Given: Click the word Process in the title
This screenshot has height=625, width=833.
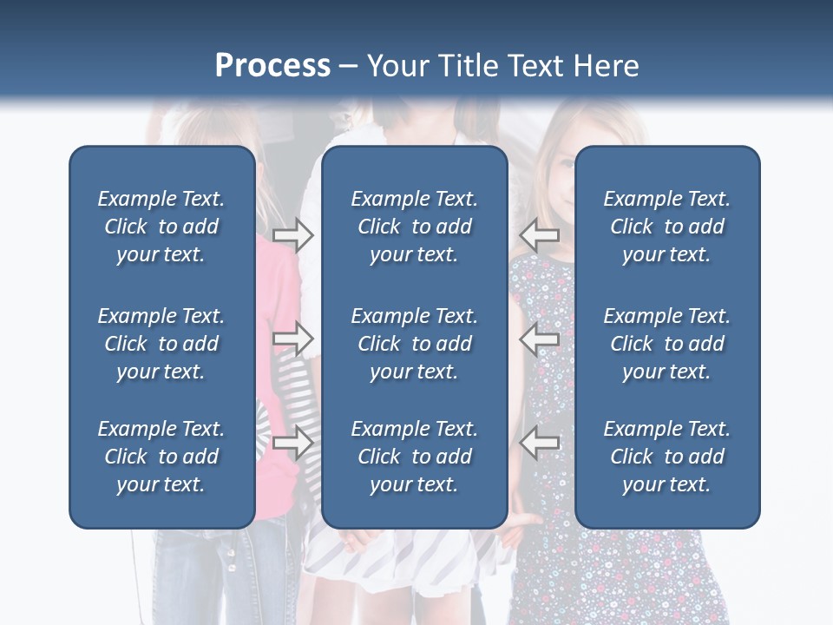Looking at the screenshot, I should point(272,66).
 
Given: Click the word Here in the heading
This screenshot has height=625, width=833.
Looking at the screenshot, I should point(606,66).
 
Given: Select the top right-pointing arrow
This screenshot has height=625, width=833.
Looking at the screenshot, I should point(293,235).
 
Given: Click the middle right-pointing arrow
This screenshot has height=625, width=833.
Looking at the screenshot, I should point(293,339).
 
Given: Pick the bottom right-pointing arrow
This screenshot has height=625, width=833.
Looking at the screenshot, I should point(293,443).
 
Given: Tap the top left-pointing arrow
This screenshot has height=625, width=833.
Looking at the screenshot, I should point(540,235).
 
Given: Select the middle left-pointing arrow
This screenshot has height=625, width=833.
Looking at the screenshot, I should point(540,339).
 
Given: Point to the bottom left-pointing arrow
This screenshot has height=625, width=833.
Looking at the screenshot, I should point(540,443).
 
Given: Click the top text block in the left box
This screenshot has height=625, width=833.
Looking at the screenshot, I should point(161,227).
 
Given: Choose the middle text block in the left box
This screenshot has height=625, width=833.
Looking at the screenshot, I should point(161,344).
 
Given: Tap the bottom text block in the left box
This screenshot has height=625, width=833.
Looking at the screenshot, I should point(161,457).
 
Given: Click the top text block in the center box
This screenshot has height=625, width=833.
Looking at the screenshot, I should point(415,227).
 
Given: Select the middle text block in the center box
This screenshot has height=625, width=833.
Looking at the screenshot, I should point(415,344).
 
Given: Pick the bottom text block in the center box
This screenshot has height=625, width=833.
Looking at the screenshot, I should point(415,457).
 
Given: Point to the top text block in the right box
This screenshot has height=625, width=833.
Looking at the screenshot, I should point(667,227).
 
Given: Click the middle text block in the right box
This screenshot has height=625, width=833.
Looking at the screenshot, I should point(667,344).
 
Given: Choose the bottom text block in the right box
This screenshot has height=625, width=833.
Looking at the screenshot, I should point(667,457).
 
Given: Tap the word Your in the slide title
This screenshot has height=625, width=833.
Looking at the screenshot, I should point(398,66).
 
